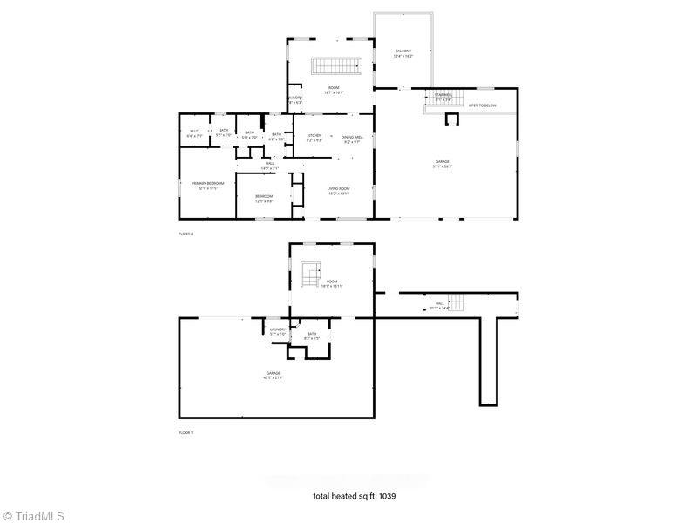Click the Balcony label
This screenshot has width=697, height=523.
pos(403,53)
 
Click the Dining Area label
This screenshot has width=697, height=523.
pos(352,137)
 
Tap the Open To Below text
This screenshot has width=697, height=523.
pos(482,105)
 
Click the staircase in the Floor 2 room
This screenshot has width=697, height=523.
pos(336,66)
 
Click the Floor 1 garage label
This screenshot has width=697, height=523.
pos(274,375)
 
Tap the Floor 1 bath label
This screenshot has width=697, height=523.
pos(312,336)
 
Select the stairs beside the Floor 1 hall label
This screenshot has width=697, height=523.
pos(457,302)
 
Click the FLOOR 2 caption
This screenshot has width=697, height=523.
pos(186,234)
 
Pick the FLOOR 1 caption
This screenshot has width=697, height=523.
pos(186,432)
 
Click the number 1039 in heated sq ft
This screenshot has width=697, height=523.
pos(388,496)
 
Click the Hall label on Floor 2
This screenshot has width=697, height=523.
pos(270,165)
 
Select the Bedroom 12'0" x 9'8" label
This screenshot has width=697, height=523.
pos(264,198)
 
